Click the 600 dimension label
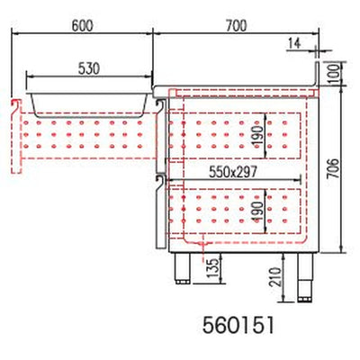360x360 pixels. coord(82,26)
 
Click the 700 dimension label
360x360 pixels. coord(236,26)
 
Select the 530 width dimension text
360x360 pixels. coord(89,68)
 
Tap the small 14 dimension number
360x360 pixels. coord(294,43)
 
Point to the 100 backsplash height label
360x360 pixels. coord(333,72)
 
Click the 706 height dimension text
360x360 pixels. coord(333,168)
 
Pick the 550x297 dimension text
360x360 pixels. coord(233,172)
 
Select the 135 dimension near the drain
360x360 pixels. coord(213,268)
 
